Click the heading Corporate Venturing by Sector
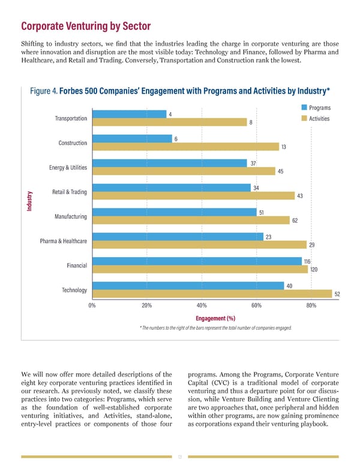pyautogui.click(x=86, y=26)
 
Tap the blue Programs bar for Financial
pyautogui.click(x=196, y=261)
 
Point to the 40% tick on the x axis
pyautogui.click(x=202, y=305)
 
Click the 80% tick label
pyautogui.click(x=311, y=305)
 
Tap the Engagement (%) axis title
pyautogui.click(x=215, y=318)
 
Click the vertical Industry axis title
pyautogui.click(x=29, y=200)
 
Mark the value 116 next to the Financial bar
pyautogui.click(x=307, y=261)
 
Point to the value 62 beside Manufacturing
pyautogui.click(x=295, y=220)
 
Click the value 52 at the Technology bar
pyautogui.click(x=337, y=294)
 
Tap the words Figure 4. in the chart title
pyautogui.click(x=43, y=91)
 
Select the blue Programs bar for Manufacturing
pyautogui.click(x=173, y=212)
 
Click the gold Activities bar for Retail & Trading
pyautogui.click(x=191, y=196)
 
